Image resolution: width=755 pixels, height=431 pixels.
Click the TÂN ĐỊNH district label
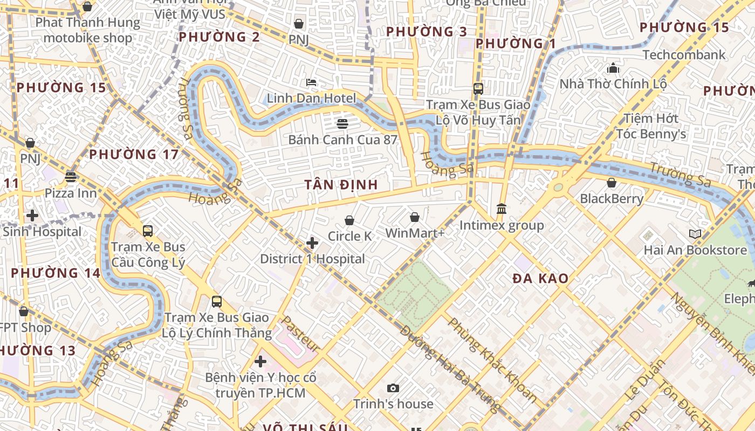(x=341, y=185)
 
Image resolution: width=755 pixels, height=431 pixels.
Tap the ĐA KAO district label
(x=540, y=279)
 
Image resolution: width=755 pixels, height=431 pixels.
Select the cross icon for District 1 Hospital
(x=312, y=243)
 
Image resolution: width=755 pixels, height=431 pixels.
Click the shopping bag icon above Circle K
(x=349, y=220)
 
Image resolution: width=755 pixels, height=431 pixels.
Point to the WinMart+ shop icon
(x=415, y=217)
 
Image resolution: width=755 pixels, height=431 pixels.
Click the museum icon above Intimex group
(x=502, y=208)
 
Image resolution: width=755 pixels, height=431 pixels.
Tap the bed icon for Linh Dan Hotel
(x=311, y=82)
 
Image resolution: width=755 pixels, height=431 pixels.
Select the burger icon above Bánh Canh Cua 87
(x=342, y=124)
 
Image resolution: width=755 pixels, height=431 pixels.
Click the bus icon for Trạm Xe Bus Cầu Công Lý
(x=148, y=231)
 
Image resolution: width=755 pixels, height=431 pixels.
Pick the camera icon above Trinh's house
(x=393, y=388)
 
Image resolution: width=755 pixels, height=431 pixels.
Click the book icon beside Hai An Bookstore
(x=695, y=234)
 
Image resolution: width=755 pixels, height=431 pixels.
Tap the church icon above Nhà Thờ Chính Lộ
(x=613, y=68)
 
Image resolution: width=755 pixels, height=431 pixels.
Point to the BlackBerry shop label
(x=612, y=199)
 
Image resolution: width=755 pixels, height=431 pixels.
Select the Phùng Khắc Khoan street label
(x=492, y=360)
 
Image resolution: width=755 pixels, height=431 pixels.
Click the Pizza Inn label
(x=71, y=193)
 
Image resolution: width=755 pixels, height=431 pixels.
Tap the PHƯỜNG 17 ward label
(x=134, y=155)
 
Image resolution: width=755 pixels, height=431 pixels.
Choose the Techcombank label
(x=684, y=55)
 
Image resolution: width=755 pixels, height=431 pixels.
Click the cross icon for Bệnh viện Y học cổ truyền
(x=260, y=362)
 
